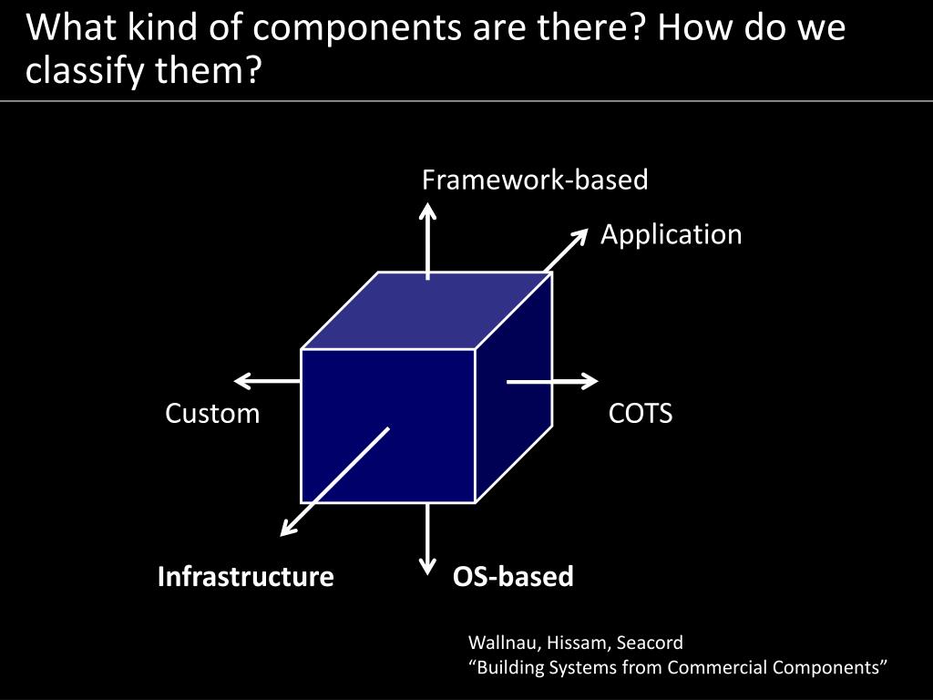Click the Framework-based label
point(535,180)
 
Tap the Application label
point(671,235)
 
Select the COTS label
point(641,414)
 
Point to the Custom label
point(212,414)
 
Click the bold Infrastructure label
point(245,577)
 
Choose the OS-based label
point(513,577)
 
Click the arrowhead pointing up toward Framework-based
point(427,211)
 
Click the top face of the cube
point(426,310)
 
